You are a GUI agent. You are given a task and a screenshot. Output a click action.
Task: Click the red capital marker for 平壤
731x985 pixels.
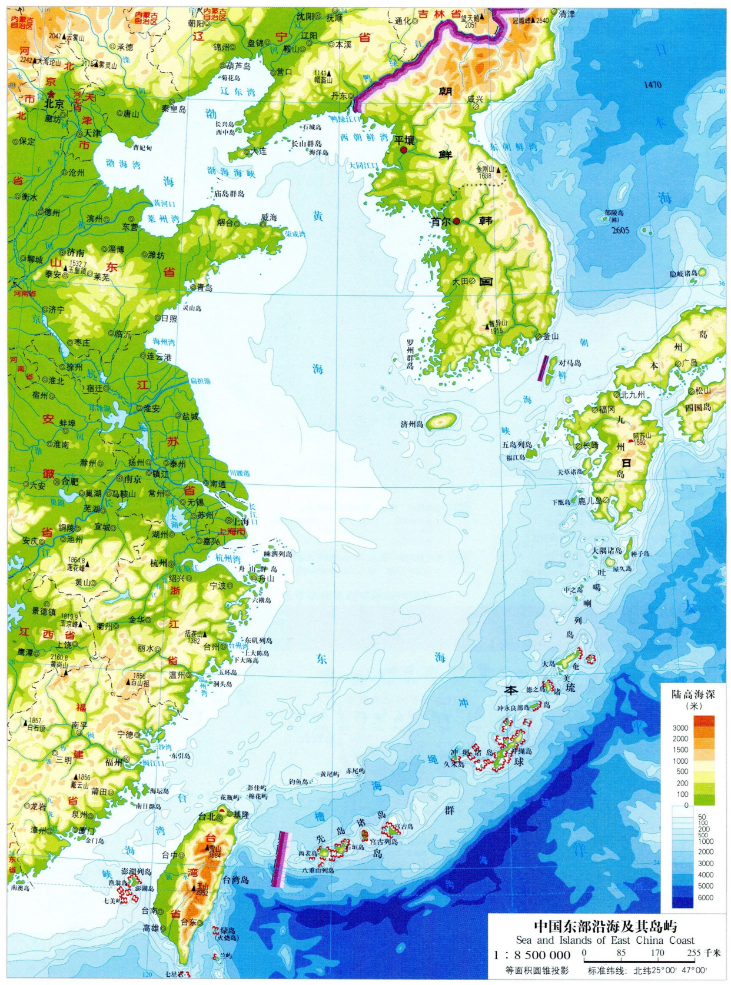click(403, 151)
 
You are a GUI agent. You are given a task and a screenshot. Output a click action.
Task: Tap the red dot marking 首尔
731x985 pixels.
click(457, 221)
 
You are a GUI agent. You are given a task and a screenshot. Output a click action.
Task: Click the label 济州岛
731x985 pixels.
click(412, 424)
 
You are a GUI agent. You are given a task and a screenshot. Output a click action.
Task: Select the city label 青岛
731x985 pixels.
click(205, 288)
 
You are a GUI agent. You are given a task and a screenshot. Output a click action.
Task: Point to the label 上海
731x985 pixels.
click(241, 521)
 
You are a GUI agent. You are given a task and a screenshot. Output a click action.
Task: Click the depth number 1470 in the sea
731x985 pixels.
click(652, 85)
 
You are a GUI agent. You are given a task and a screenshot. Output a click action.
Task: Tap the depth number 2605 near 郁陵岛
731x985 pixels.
click(620, 230)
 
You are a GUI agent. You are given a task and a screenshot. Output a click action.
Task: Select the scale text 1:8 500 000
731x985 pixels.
click(532, 954)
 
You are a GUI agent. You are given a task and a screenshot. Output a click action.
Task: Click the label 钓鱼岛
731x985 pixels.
click(299, 782)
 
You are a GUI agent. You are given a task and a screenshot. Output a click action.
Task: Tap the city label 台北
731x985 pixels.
click(207, 817)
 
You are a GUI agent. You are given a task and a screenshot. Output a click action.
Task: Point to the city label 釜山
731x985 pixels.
click(550, 336)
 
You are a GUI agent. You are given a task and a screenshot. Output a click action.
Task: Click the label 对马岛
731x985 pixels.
click(570, 363)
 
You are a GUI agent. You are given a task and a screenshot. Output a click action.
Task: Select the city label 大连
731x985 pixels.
click(258, 151)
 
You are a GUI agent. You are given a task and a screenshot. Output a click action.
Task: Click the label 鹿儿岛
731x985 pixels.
click(589, 501)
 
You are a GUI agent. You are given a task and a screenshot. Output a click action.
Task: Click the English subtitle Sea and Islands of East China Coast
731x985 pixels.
click(605, 940)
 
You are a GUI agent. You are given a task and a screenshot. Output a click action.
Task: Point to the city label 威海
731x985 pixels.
click(269, 218)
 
